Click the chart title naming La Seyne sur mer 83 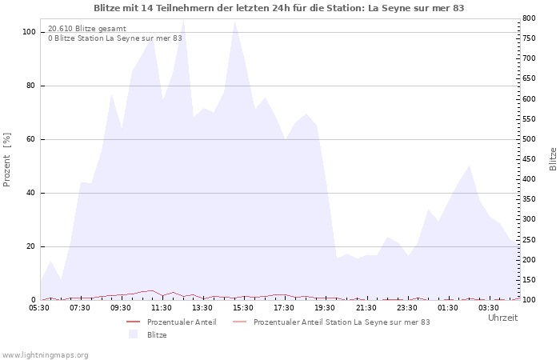pyautogui.click(x=279, y=8)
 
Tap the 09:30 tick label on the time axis pyautogui.click(x=121, y=308)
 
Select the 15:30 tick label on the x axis pyautogui.click(x=243, y=308)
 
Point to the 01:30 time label pyautogui.click(x=448, y=308)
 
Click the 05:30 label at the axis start pyautogui.click(x=39, y=308)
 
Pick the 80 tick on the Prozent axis pyautogui.click(x=30, y=86)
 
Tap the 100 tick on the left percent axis pyautogui.click(x=29, y=32)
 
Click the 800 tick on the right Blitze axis pyautogui.click(x=529, y=18)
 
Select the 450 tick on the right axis pyautogui.click(x=529, y=159)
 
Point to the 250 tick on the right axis pyautogui.click(x=529, y=240)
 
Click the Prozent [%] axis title pyautogui.click(x=6, y=160)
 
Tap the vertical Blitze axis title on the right pyautogui.click(x=553, y=159)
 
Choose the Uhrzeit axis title pyautogui.click(x=503, y=318)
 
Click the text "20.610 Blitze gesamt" pyautogui.click(x=87, y=29)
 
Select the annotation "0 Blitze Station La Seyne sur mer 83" pyautogui.click(x=115, y=38)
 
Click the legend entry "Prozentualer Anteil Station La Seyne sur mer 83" pyautogui.click(x=342, y=322)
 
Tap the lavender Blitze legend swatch pyautogui.click(x=134, y=334)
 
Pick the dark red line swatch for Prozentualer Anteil pyautogui.click(x=134, y=322)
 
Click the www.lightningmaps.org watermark pyautogui.click(x=45, y=355)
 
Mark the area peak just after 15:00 pyautogui.click(x=234, y=22)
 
